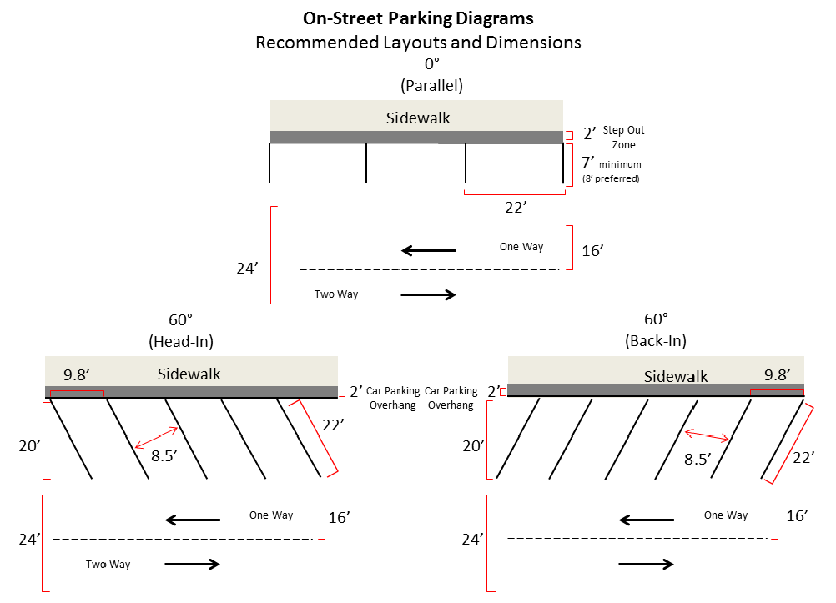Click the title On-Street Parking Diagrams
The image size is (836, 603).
coord(418,18)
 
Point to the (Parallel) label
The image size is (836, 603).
coord(431,84)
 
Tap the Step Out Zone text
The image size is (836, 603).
coord(623,138)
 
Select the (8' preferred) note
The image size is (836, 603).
coord(612,178)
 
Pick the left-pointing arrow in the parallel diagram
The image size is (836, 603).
coord(429,250)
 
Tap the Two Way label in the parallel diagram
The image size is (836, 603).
coord(335,294)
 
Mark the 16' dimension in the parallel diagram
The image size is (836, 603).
coord(592,249)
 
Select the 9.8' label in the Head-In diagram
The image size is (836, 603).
coord(77,374)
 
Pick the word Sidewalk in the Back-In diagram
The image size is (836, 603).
coord(676,377)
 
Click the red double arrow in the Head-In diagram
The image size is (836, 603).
coord(156,437)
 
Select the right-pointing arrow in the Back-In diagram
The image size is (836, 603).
coord(646,564)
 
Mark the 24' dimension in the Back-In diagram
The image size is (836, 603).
coord(475,540)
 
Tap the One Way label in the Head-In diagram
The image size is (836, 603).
coord(271,515)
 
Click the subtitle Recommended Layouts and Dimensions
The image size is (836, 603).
coord(418,42)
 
